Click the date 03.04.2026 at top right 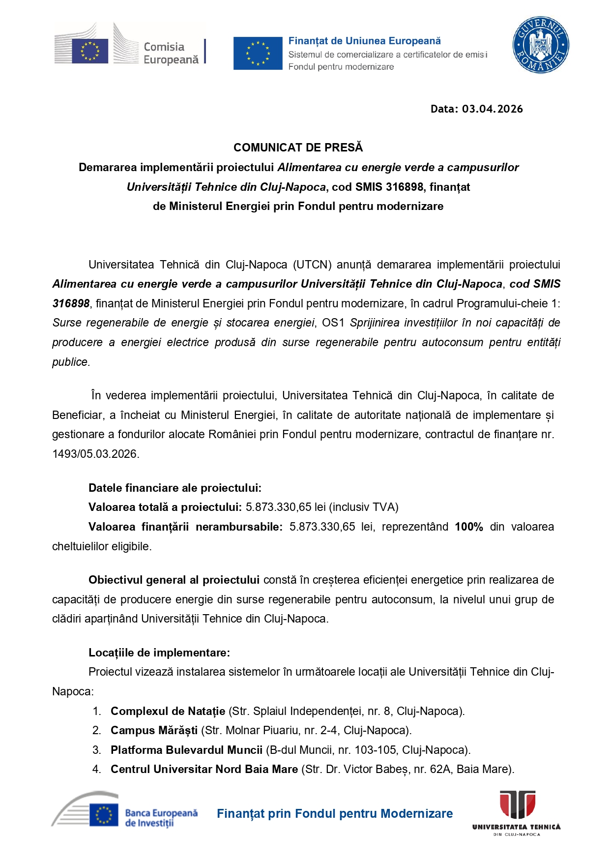[492, 109]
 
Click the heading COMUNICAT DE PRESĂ [298, 148]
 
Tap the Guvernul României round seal [540, 45]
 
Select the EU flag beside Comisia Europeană [90, 51]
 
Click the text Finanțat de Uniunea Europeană [364, 41]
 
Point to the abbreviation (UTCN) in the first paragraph [312, 265]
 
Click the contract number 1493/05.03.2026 [96, 454]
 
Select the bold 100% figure [468, 527]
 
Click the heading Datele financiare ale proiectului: [174, 488]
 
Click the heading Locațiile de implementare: [159, 653]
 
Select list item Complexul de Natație [168, 712]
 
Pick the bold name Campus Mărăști [154, 731]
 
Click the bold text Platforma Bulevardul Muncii [186, 750]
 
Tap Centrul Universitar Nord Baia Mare [204, 770]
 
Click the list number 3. [96, 750]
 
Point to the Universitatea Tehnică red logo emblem [517, 805]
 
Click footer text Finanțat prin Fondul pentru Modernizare [335, 814]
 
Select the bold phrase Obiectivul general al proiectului [174, 580]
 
